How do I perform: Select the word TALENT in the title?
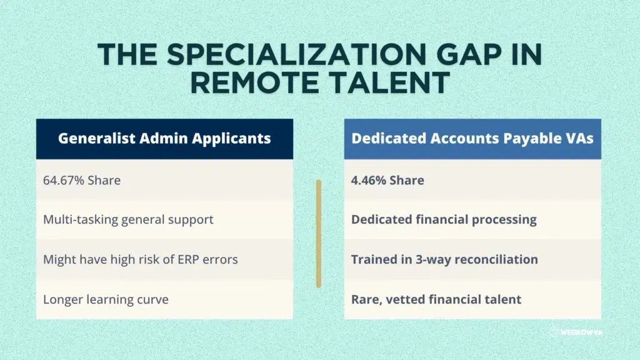tap(390, 83)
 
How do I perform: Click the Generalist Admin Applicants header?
tap(164, 139)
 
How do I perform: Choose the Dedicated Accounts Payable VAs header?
tap(472, 139)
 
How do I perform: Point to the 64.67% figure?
tap(64, 181)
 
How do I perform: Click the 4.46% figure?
tap(368, 181)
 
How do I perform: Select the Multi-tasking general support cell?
tap(164, 219)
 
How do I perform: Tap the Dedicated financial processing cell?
tap(472, 219)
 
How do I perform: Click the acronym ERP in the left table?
tap(187, 259)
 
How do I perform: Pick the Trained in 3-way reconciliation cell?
tap(472, 259)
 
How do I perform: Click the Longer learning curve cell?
tap(164, 299)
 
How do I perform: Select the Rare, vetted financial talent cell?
tap(472, 299)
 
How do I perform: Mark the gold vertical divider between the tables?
tap(319, 234)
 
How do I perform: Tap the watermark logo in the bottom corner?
tap(576, 332)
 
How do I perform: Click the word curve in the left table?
tap(154, 299)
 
